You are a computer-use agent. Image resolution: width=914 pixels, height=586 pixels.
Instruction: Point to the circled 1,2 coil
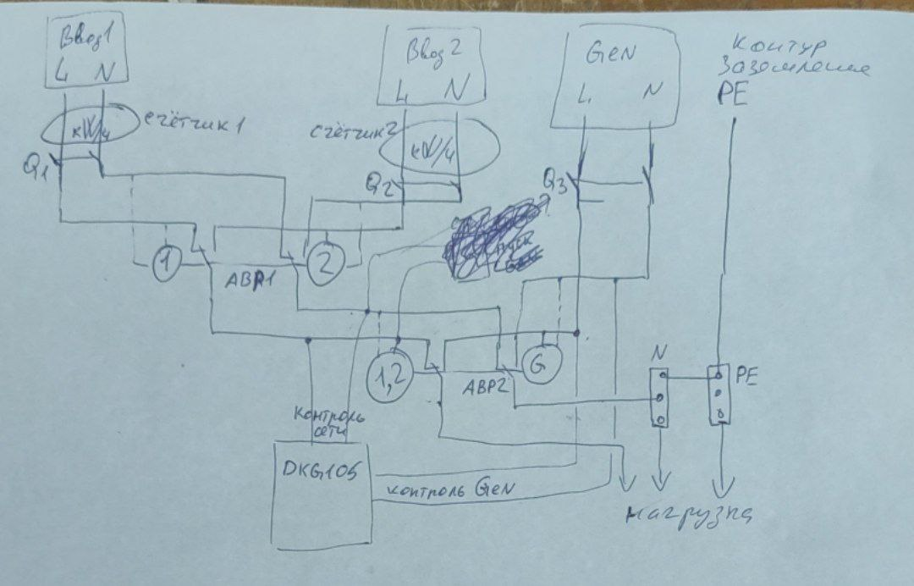pyautogui.click(x=385, y=379)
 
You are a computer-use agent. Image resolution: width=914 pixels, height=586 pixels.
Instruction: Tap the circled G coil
pyautogui.click(x=538, y=365)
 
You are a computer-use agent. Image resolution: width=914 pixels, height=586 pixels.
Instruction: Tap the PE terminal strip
pyautogui.click(x=718, y=394)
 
